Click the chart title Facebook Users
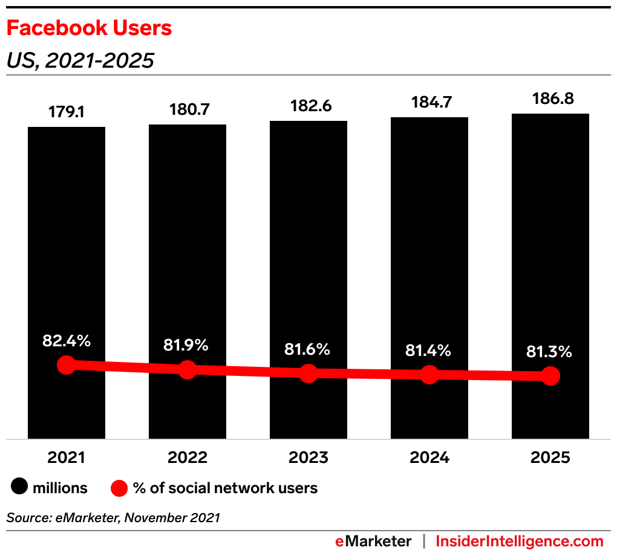pos(89,28)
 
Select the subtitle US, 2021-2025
pos(80,60)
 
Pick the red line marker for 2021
pos(67,364)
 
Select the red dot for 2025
pos(550,376)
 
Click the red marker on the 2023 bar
pos(308,373)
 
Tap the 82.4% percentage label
pos(67,341)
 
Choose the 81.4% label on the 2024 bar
pos(428,350)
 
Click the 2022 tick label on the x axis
pos(188,457)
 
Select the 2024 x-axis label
pos(429,457)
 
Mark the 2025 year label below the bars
pos(550,457)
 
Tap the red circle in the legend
pos(120,488)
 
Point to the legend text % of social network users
pos(225,488)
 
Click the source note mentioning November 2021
pos(113,517)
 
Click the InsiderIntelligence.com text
pos(520,541)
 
